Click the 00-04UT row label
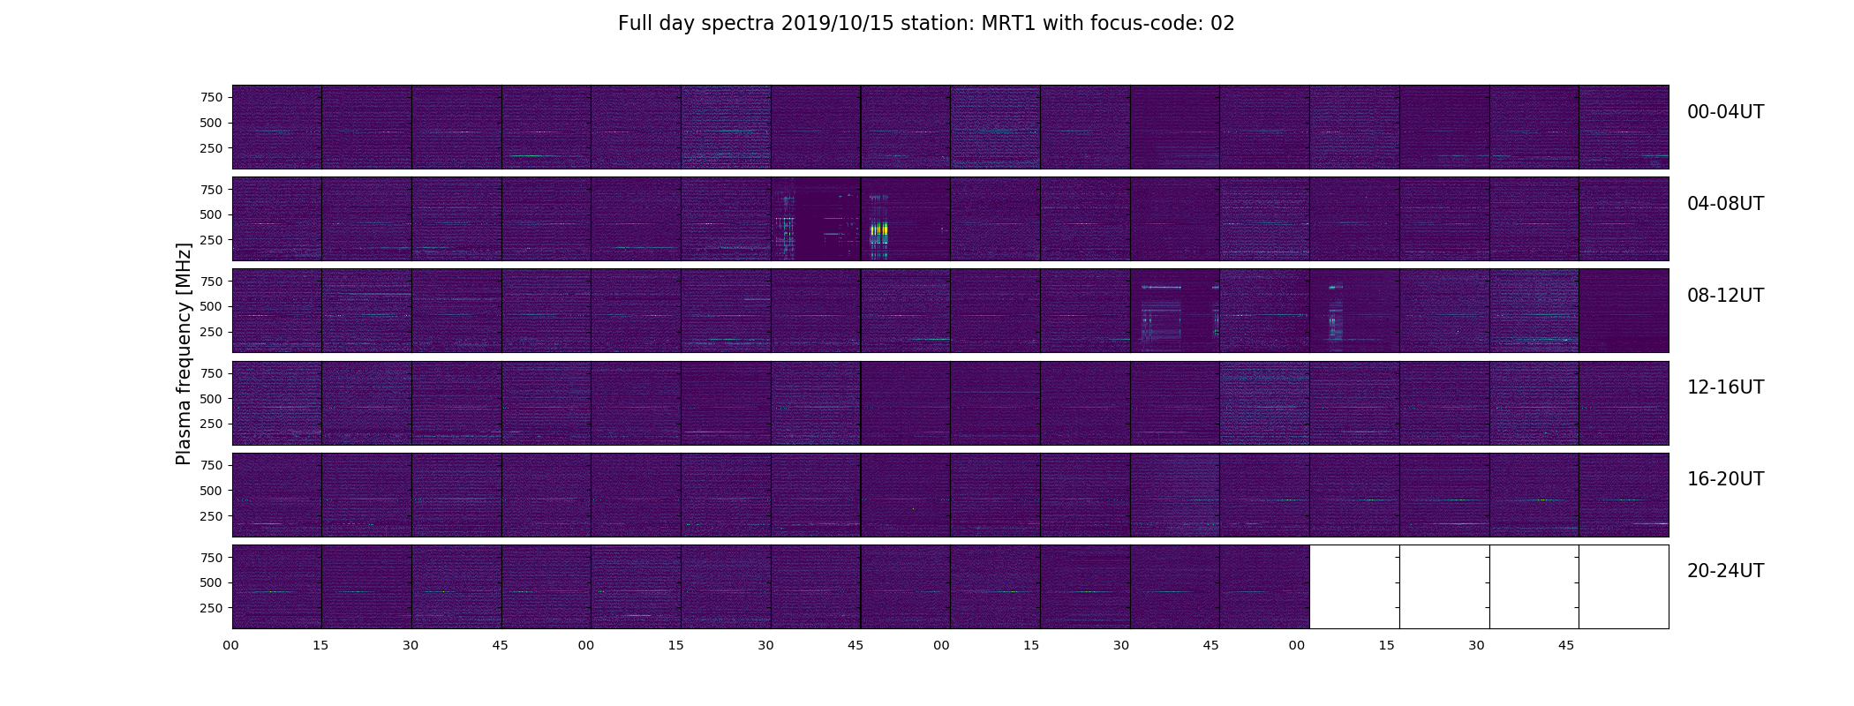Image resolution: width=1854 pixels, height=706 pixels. coord(1725,112)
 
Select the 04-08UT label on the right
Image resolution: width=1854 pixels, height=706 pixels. coord(1725,204)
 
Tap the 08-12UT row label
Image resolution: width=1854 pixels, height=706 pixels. coord(1725,296)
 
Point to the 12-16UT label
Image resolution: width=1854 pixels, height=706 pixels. coord(1725,387)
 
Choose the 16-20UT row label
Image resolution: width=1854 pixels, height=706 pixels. coord(1725,479)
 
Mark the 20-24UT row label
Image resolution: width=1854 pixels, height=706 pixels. coord(1725,571)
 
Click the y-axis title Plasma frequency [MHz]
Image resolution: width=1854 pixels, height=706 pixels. coord(184,354)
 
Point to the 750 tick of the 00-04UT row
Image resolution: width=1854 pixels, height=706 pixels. coord(212,97)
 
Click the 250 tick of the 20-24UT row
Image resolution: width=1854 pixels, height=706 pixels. coord(212,608)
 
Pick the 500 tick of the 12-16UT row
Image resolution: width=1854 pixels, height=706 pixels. coord(212,399)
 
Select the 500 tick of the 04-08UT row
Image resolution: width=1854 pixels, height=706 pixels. coord(212,214)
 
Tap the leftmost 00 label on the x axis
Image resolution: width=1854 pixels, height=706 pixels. coord(231,645)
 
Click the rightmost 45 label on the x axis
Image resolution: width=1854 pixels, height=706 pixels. coord(1566,645)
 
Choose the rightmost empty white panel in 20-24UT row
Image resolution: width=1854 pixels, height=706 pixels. coord(1624,587)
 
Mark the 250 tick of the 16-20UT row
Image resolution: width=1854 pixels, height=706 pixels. coord(212,516)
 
